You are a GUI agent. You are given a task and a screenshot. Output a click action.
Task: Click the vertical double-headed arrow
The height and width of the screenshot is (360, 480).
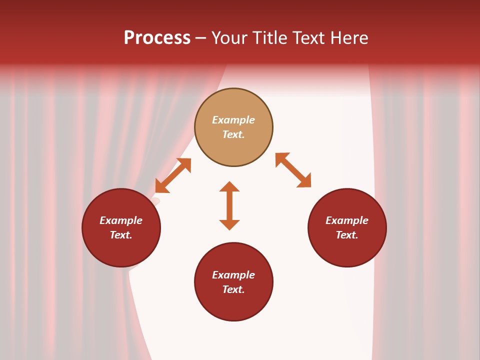point(229,206)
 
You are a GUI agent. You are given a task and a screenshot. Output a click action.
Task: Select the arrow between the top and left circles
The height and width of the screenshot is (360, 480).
point(173,175)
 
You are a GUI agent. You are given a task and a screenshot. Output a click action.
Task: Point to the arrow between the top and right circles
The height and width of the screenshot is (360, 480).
point(293,170)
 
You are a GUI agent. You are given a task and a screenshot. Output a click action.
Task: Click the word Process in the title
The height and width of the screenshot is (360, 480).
point(157,38)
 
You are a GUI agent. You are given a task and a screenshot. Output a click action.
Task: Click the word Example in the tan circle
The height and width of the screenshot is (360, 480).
point(233,120)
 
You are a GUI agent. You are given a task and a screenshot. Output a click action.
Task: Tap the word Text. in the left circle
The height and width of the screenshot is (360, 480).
point(121,235)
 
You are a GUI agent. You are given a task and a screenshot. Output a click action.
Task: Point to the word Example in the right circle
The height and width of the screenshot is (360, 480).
point(347,220)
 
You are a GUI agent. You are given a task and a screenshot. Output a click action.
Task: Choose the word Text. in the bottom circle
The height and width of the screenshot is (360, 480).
point(233,289)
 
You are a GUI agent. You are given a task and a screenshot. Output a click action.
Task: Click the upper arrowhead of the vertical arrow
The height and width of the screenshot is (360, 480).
point(229,186)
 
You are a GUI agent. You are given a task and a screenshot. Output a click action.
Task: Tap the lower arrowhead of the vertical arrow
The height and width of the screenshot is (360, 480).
point(229,224)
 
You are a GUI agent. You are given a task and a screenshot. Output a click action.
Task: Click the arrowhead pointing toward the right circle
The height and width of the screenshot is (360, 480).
point(304,181)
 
